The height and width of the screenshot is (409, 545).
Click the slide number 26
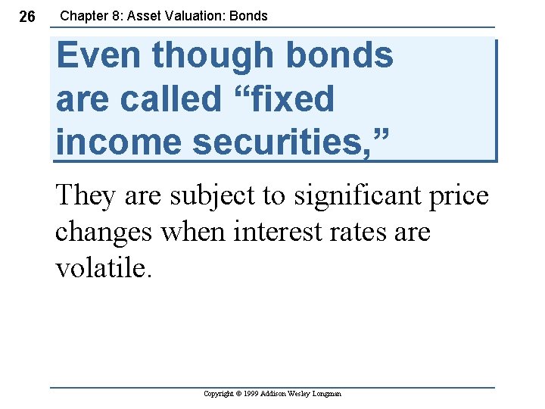(26, 17)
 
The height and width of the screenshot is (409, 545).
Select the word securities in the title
(283, 142)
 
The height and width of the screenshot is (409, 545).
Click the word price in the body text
(460, 196)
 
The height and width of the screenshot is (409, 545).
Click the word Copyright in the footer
(220, 394)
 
